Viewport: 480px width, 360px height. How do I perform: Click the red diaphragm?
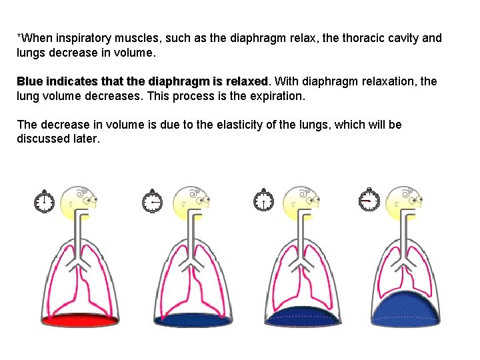[81, 319]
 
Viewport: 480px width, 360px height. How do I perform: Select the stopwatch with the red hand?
[369, 199]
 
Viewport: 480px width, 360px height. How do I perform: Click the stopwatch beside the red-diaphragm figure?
[45, 201]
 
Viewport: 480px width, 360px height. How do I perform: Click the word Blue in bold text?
[29, 81]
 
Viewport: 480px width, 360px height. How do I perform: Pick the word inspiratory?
[81, 38]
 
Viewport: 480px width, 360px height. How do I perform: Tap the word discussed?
[41, 139]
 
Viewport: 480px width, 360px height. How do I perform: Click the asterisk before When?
[19, 36]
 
